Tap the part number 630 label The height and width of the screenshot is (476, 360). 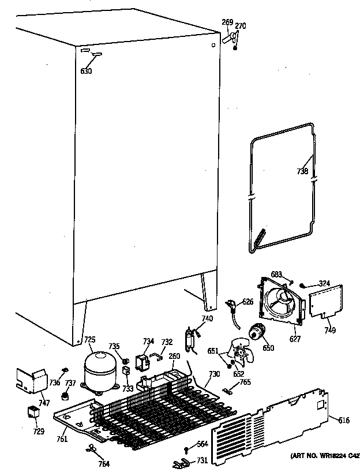pyautogui.click(x=86, y=71)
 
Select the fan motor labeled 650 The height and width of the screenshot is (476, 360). pyautogui.click(x=255, y=332)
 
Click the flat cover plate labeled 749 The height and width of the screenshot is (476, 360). pyautogui.click(x=323, y=301)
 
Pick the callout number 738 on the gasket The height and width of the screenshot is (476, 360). pyautogui.click(x=302, y=171)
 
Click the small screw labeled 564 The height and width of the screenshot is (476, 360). pyautogui.click(x=186, y=450)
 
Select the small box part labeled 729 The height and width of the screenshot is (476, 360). pyautogui.click(x=33, y=413)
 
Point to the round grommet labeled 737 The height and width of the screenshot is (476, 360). pyautogui.click(x=65, y=397)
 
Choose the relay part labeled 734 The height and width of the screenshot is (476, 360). pyautogui.click(x=141, y=362)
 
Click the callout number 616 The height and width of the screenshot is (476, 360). pyautogui.click(x=343, y=420)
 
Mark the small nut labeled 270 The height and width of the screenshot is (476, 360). pyautogui.click(x=236, y=47)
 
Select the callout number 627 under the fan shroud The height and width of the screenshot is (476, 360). pyautogui.click(x=294, y=339)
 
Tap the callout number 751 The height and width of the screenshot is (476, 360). pyautogui.click(x=62, y=439)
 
